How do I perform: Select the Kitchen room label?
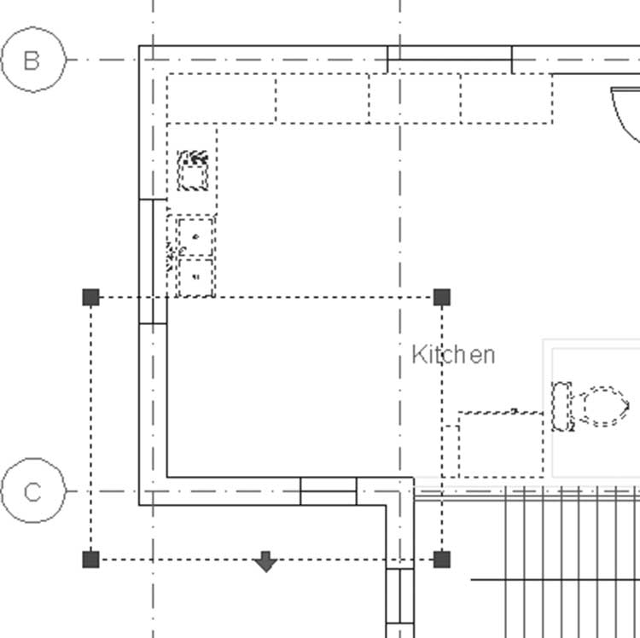pos(453,355)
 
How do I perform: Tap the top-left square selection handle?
pos(90,297)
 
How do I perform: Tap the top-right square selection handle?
pos(442,297)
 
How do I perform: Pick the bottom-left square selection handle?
pos(90,560)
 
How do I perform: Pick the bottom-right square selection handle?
pos(442,560)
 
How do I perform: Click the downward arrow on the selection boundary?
pos(265,562)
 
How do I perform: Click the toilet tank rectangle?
pos(561,406)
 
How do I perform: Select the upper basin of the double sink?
pos(195,237)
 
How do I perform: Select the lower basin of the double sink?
pos(195,277)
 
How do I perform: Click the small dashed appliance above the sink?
pos(193,171)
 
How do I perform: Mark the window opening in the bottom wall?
pos(329,491)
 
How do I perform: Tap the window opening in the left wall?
pos(153,262)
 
